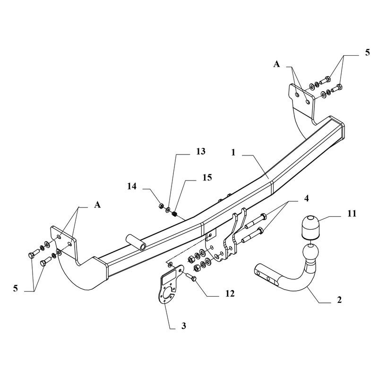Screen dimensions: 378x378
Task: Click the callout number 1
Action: (x=233, y=153)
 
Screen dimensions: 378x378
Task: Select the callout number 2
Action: (x=339, y=300)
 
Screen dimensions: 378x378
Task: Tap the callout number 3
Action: (x=184, y=326)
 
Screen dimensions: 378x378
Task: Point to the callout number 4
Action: (x=306, y=198)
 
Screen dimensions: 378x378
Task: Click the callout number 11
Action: (x=352, y=214)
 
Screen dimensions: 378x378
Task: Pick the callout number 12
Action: (x=230, y=293)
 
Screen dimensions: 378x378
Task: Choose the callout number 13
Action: (x=200, y=151)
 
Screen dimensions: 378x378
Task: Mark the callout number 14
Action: (x=132, y=186)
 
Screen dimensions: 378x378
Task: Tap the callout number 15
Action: (x=207, y=178)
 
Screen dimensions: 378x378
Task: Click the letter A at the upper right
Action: (x=276, y=64)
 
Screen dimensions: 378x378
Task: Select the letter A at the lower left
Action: (x=97, y=205)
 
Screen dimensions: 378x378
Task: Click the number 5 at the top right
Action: (x=367, y=52)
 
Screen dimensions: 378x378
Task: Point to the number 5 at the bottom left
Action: (x=16, y=288)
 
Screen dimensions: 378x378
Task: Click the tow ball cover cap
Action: (x=310, y=226)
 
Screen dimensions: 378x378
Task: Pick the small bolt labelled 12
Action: (x=190, y=277)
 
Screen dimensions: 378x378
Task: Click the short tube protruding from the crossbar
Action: (x=136, y=242)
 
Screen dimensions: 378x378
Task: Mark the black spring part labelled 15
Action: (x=175, y=214)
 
